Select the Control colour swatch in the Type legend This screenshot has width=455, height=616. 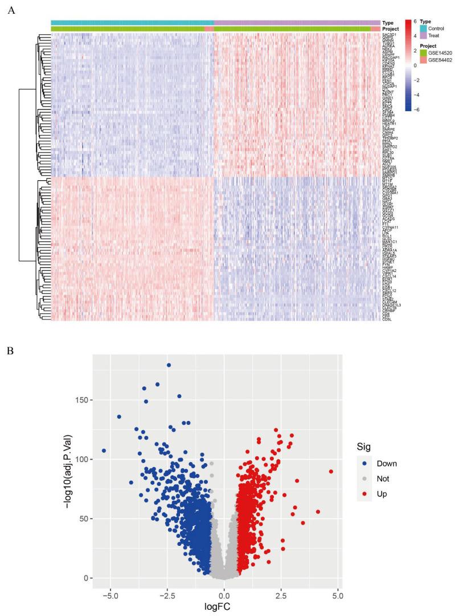423,28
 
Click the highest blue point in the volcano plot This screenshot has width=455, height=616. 169,365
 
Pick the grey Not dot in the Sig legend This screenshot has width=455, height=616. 364,479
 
